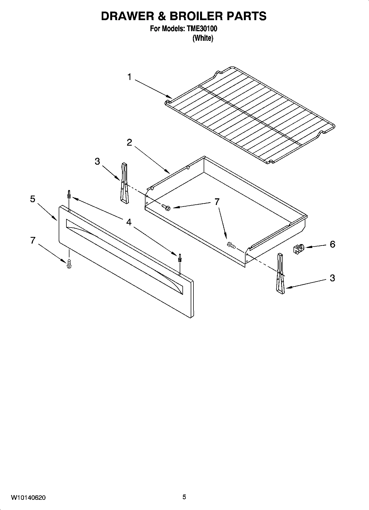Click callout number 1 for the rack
tap(129, 77)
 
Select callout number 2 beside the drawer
tap(129, 143)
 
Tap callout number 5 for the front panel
tap(33, 199)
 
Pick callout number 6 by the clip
tap(332, 244)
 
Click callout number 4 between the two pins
tap(129, 222)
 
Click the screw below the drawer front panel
tap(69, 263)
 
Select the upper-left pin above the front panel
tap(69, 195)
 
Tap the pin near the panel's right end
tap(180, 258)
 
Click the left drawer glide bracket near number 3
tap(124, 183)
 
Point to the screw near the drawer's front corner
tap(231, 245)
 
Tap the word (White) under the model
tap(203, 38)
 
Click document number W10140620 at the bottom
tap(28, 498)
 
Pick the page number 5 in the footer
tap(184, 497)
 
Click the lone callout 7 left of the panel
tap(33, 241)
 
